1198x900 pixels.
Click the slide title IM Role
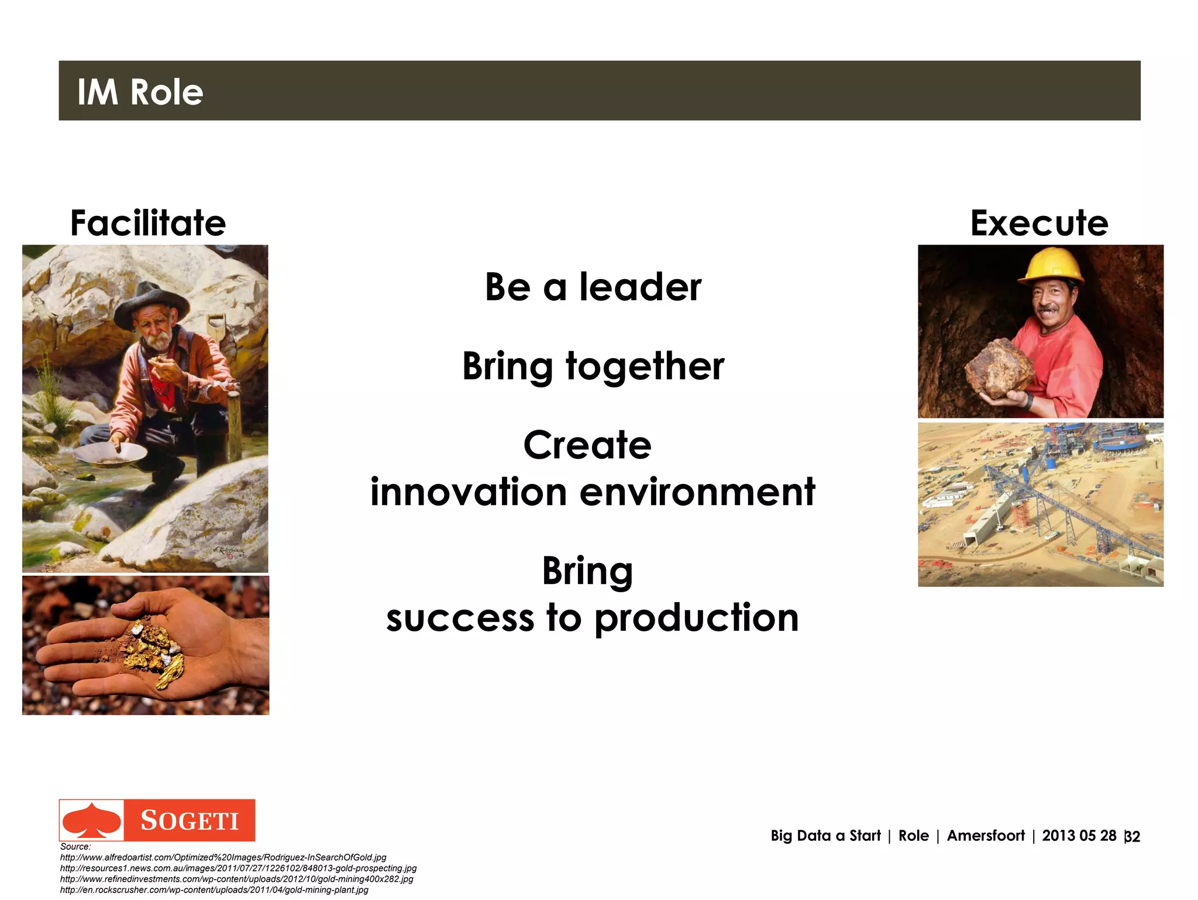tap(140, 92)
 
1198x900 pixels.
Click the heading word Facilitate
tap(148, 223)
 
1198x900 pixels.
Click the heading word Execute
tap(1039, 223)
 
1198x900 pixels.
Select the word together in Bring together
tap(645, 366)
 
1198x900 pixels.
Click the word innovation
tap(468, 492)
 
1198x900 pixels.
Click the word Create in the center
tap(587, 445)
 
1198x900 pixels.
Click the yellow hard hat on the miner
tap(1051, 264)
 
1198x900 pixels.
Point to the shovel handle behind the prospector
tap(216, 328)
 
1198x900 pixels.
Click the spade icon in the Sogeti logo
tap(92, 820)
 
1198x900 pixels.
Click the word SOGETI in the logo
tap(190, 820)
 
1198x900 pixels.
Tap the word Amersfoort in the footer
tap(985, 836)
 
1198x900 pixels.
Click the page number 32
tap(1132, 837)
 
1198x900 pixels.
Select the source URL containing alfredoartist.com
tap(223, 857)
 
